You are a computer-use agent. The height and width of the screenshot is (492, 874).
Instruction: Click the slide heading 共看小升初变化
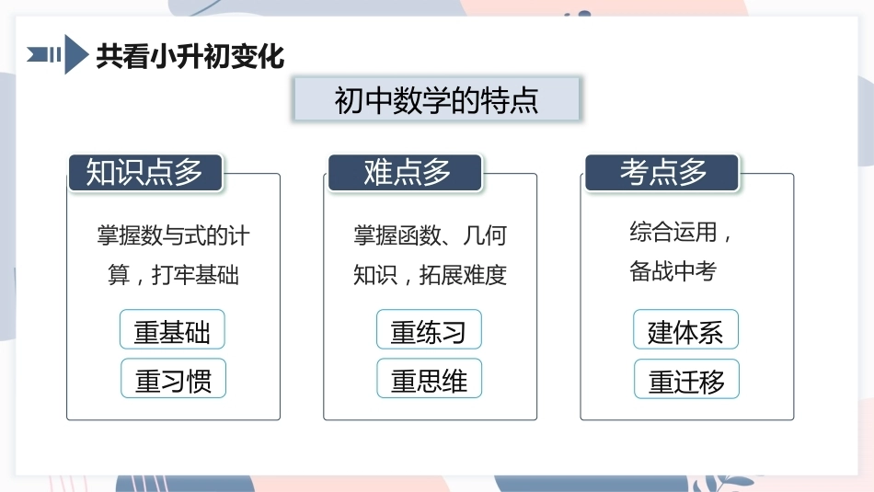pyautogui.click(x=190, y=56)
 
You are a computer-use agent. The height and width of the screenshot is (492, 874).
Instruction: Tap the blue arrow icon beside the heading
pyautogui.click(x=58, y=54)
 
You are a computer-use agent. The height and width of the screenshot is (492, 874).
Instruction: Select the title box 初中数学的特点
pyautogui.click(x=436, y=99)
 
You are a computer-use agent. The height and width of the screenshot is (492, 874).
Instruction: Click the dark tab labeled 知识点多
pyautogui.click(x=145, y=172)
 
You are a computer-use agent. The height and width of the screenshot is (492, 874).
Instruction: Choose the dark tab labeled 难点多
pyautogui.click(x=405, y=172)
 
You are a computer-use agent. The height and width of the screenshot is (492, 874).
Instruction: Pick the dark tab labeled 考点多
pyautogui.click(x=662, y=172)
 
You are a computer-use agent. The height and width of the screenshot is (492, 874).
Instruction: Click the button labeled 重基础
pyautogui.click(x=172, y=329)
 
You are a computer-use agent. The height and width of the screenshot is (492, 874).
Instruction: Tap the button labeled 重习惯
pyautogui.click(x=173, y=378)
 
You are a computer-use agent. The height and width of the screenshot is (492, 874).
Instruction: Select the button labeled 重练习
pyautogui.click(x=429, y=329)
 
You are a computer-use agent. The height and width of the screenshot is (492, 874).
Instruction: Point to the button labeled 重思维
pyautogui.click(x=430, y=378)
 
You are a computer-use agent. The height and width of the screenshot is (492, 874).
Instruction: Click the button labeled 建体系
pyautogui.click(x=685, y=329)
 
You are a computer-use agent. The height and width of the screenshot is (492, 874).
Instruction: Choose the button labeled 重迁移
pyautogui.click(x=686, y=379)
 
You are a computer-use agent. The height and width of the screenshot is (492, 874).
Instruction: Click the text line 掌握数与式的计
pyautogui.click(x=173, y=235)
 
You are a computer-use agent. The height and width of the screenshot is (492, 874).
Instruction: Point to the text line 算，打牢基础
pyautogui.click(x=173, y=275)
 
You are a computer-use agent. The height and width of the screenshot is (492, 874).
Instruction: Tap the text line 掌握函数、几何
pyautogui.click(x=430, y=235)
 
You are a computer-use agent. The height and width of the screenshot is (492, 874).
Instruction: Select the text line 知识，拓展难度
pyautogui.click(x=430, y=275)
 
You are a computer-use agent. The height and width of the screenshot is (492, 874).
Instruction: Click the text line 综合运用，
pyautogui.click(x=681, y=232)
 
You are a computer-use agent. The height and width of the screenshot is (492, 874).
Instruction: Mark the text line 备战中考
pyautogui.click(x=673, y=270)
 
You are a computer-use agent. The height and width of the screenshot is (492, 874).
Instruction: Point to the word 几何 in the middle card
pyautogui.click(x=485, y=235)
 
